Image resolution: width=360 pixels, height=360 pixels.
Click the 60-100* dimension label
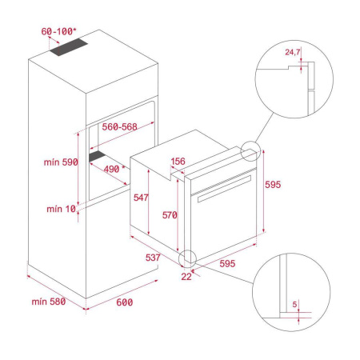coord(59,31)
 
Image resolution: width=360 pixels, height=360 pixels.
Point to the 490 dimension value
coord(114,169)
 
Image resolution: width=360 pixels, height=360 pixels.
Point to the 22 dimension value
coord(186,276)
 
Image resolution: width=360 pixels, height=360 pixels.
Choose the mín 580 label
coord(47,302)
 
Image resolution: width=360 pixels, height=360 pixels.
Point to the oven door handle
coord(226,193)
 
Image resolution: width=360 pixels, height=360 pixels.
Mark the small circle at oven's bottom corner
coord(190,258)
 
